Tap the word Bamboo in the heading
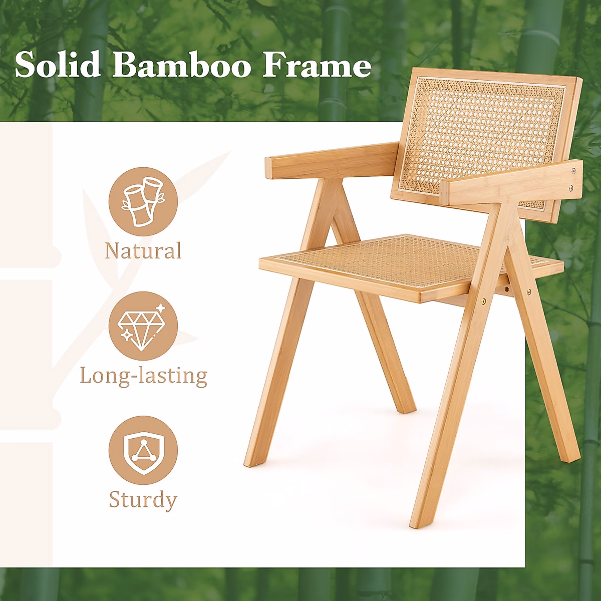[x=181, y=65]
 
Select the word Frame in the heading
[x=317, y=65]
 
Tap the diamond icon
[x=143, y=326]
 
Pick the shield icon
[x=143, y=450]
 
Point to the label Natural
[x=143, y=250]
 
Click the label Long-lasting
[x=143, y=376]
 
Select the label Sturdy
[x=143, y=500]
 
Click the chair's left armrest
[x=331, y=160]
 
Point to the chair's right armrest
[x=511, y=183]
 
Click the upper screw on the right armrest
[x=573, y=171]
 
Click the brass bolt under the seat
[x=483, y=302]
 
